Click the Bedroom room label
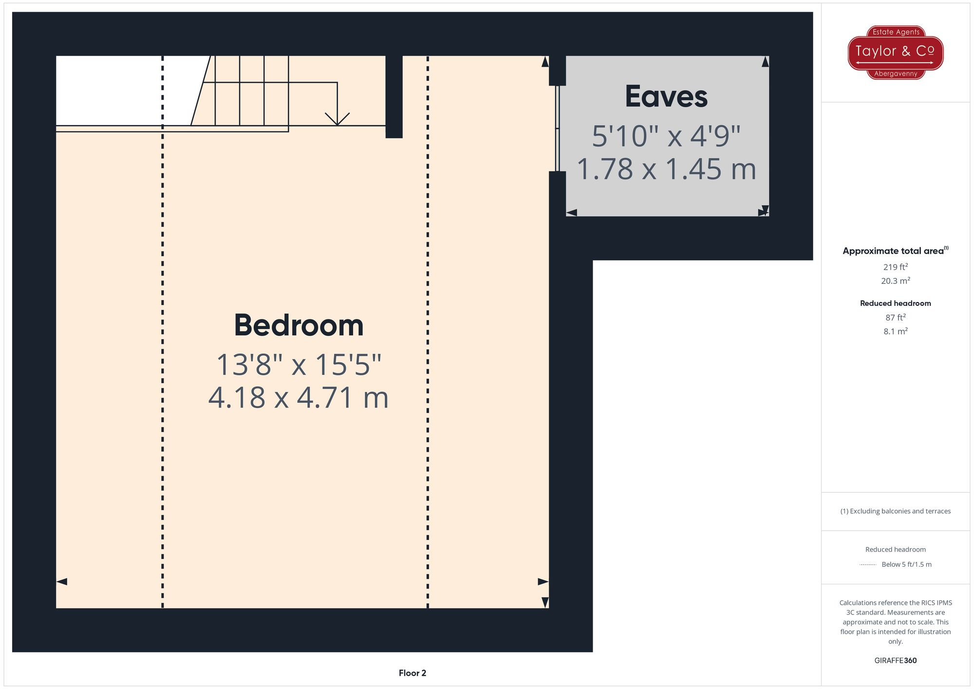tap(299, 325)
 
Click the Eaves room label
tap(666, 96)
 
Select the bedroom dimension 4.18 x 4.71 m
tap(298, 398)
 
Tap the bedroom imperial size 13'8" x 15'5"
tap(298, 365)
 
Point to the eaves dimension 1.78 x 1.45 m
tap(666, 169)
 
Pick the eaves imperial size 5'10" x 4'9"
tap(666, 136)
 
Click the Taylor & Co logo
tap(895, 52)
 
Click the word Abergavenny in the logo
tap(896, 74)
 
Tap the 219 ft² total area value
tap(895, 267)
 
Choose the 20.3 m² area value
tap(895, 281)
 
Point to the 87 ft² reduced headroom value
tap(895, 317)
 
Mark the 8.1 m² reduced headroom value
tap(895, 332)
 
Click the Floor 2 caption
tap(412, 673)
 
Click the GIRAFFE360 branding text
tap(895, 661)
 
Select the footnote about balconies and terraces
tap(895, 511)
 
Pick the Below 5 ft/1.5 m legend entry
tap(906, 564)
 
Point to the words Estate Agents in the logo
tap(896, 32)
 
